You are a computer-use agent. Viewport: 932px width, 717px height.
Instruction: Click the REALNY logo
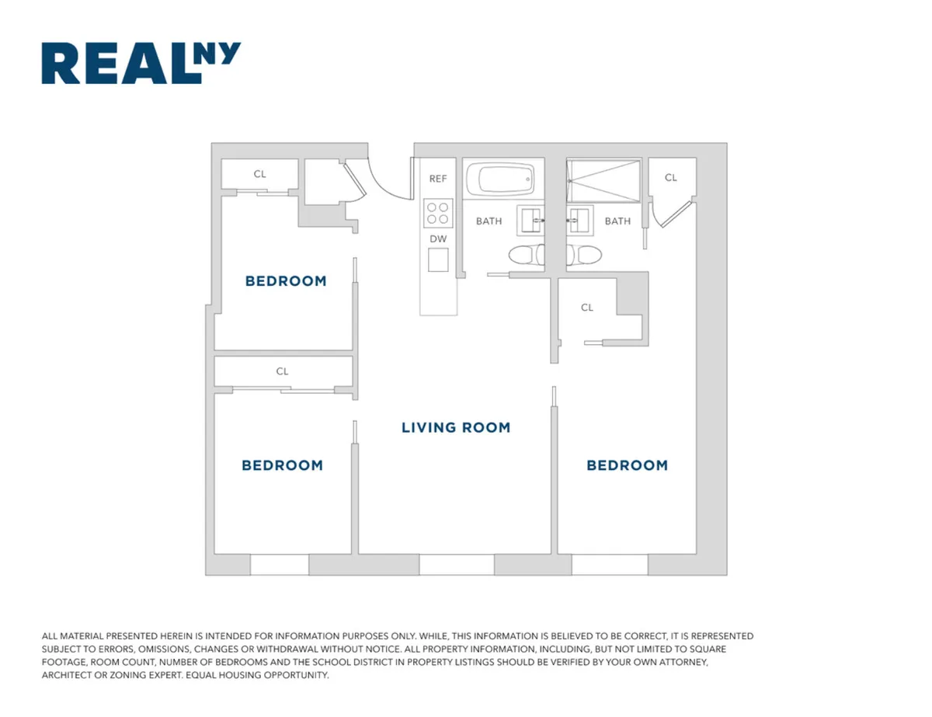pos(141,63)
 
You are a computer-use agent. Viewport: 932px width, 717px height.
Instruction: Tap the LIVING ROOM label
pos(456,427)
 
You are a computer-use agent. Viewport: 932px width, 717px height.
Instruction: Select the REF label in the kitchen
pos(438,179)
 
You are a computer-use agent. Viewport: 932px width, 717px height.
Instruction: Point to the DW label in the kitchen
pos(438,239)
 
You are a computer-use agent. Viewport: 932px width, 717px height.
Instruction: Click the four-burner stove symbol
pos(438,211)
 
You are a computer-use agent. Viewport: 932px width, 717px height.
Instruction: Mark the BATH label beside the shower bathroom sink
pos(617,221)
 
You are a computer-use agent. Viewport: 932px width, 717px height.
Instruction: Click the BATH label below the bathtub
pos(489,221)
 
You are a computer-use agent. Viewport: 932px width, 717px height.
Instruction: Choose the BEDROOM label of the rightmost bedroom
pos(627,465)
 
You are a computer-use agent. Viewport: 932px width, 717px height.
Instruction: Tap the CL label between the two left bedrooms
pos(282,371)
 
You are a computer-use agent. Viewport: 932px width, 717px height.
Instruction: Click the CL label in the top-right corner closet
pos(670,178)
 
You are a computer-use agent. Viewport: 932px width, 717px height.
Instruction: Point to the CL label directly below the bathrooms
pos(587,308)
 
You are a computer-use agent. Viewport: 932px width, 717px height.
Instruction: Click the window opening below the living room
pos(456,565)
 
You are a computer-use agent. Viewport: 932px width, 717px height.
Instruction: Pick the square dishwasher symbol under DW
pos(439,260)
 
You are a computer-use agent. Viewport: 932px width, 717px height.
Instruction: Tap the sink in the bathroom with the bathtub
pos(532,220)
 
